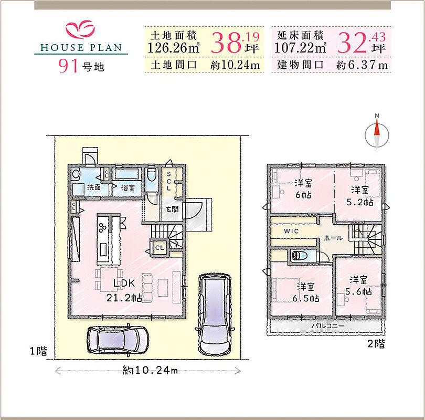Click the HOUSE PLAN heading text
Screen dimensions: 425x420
click(x=81, y=48)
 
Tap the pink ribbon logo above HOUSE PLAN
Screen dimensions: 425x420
click(x=80, y=29)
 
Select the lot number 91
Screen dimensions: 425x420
click(x=67, y=66)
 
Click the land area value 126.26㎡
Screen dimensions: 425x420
click(x=174, y=48)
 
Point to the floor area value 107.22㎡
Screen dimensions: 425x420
click(x=301, y=48)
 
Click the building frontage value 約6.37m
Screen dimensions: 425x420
click(x=362, y=65)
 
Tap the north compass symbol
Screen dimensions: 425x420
click(x=377, y=133)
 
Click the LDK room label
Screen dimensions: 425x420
click(x=124, y=283)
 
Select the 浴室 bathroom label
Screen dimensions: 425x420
click(x=127, y=187)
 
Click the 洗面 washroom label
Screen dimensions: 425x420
click(x=94, y=187)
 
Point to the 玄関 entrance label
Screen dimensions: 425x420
click(x=173, y=209)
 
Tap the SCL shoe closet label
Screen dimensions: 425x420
click(x=168, y=181)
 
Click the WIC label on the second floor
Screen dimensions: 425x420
click(x=291, y=232)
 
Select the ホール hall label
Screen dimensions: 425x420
click(x=333, y=238)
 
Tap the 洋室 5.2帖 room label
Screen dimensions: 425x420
click(x=360, y=196)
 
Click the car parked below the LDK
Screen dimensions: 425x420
click(x=118, y=339)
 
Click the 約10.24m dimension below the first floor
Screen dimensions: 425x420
click(x=150, y=370)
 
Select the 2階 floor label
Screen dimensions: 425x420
click(x=376, y=344)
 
